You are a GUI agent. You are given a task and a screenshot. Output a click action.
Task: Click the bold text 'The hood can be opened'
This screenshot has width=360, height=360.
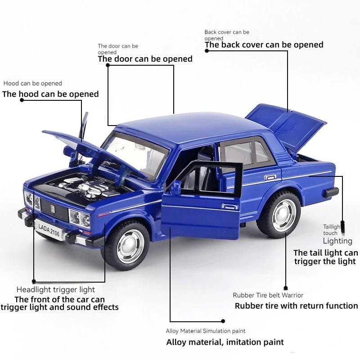[x=50, y=94]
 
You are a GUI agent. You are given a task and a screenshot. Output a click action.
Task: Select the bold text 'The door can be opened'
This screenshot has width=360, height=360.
[x=145, y=59]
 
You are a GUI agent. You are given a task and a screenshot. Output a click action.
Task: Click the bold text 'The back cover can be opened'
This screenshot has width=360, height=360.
[x=264, y=45]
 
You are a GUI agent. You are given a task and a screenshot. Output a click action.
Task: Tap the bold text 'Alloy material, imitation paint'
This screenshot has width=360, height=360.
[x=225, y=342]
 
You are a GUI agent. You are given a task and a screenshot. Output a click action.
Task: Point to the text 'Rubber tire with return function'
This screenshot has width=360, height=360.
[x=296, y=306]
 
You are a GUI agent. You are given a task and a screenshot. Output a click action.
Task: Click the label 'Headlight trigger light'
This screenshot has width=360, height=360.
[x=56, y=290]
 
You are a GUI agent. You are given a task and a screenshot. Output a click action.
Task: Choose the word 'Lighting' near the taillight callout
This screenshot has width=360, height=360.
[x=337, y=241]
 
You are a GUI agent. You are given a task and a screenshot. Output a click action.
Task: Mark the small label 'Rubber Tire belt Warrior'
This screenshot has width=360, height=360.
[x=268, y=295]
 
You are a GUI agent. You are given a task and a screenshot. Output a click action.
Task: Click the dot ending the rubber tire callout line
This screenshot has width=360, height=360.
[x=285, y=288]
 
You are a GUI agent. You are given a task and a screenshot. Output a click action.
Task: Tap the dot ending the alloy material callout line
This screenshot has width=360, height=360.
[x=223, y=321]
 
